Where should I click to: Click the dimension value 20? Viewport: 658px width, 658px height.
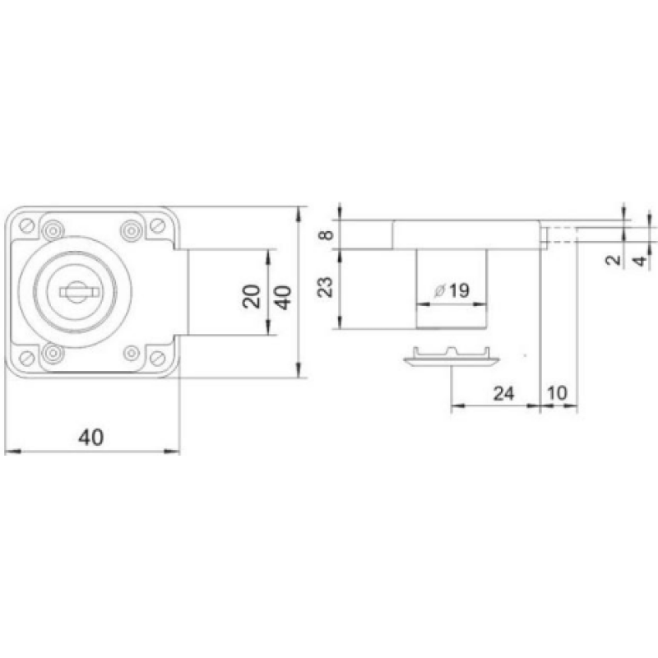(x=253, y=294)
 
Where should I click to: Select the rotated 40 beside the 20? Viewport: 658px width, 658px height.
(x=282, y=295)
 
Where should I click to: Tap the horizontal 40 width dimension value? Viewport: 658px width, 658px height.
(x=91, y=437)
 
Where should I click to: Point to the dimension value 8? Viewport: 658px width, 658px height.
(x=327, y=235)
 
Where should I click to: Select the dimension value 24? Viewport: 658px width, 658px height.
(x=503, y=393)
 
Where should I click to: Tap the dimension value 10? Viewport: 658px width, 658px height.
(x=557, y=393)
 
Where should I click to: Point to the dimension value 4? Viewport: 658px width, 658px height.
(x=637, y=262)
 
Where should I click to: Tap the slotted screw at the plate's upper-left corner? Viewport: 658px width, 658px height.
(x=29, y=225)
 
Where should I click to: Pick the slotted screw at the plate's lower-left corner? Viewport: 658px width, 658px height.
(x=29, y=358)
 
